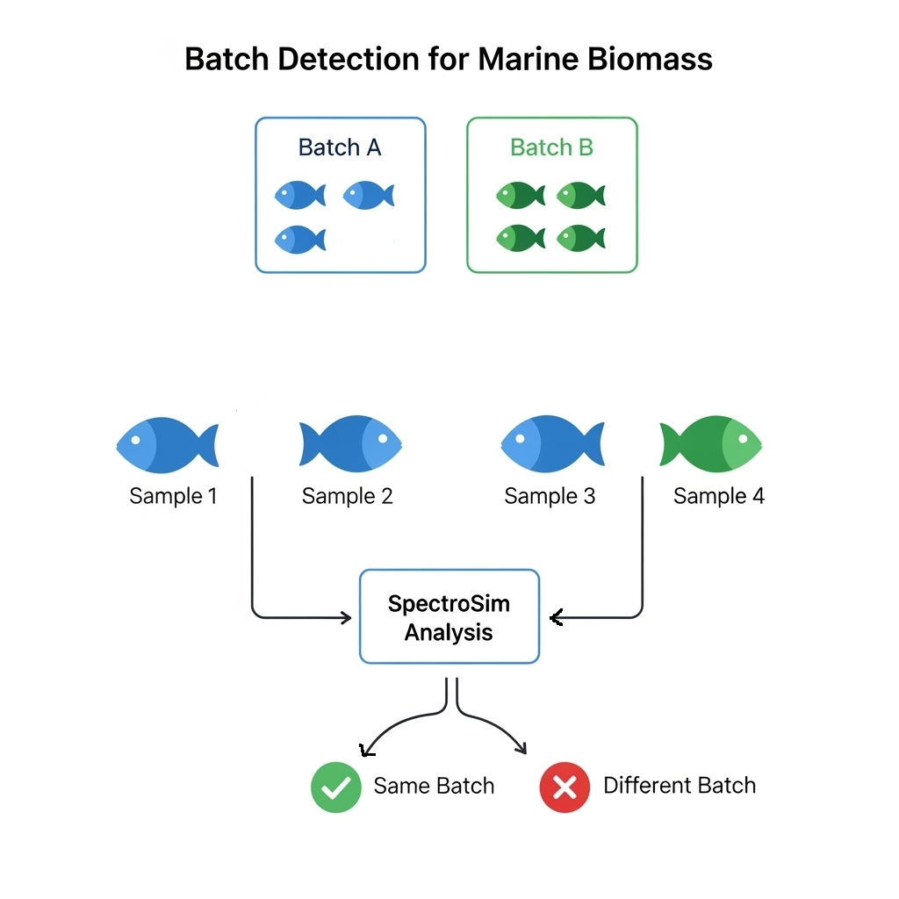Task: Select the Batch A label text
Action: point(340,147)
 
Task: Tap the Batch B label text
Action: point(551,147)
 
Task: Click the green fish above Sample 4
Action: point(711,443)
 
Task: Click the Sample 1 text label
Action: point(173,496)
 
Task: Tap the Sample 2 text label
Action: point(347,496)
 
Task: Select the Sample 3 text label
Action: point(550,496)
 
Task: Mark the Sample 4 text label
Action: point(718,496)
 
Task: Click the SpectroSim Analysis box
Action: point(449,617)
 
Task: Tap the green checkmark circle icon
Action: point(335,787)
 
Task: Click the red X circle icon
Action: point(565,787)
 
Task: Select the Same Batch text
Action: point(434,786)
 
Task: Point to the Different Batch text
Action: point(679,786)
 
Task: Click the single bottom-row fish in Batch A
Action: point(299,239)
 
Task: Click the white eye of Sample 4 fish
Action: point(744,435)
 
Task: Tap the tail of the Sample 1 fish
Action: point(208,445)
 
